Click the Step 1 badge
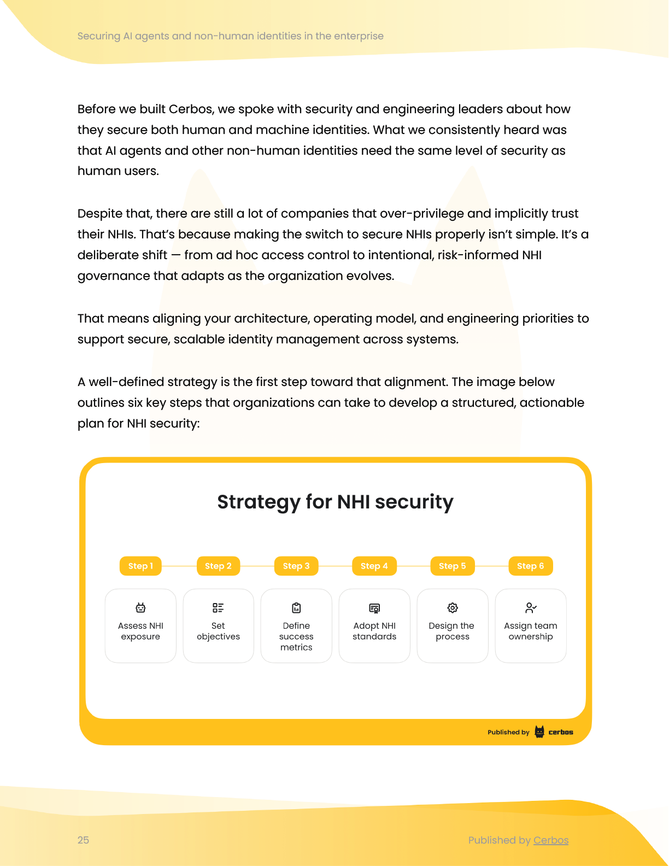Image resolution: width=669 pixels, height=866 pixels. coord(140,566)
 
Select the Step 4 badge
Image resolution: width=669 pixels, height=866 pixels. coord(374,566)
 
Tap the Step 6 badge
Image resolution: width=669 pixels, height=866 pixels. coord(531,566)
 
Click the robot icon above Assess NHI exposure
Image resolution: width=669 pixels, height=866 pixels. coord(140,607)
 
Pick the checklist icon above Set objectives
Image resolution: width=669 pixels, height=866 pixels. coord(218,607)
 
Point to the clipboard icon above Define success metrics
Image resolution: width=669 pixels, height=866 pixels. coord(296,607)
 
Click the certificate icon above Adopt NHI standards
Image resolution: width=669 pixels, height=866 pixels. coord(374,608)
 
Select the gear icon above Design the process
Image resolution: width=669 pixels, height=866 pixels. coord(453,607)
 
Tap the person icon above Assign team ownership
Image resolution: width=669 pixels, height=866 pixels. coord(531,607)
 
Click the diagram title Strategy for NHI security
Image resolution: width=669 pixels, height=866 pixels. coord(335,502)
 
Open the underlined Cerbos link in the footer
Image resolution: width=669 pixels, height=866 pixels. coord(551,840)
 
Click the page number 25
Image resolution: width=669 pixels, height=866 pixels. coord(83,840)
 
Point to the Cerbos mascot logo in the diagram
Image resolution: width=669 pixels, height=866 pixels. coord(539,732)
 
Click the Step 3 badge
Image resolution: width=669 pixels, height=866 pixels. coord(296,566)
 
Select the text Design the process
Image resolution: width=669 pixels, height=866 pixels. coord(452,631)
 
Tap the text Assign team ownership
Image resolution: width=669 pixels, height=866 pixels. coord(531,631)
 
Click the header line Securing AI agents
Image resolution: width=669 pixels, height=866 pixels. coord(230,36)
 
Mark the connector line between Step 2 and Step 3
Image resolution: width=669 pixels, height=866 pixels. coord(257,566)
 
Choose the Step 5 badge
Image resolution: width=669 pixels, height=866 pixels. coord(453,566)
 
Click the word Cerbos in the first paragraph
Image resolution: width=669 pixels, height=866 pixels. coord(190,109)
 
